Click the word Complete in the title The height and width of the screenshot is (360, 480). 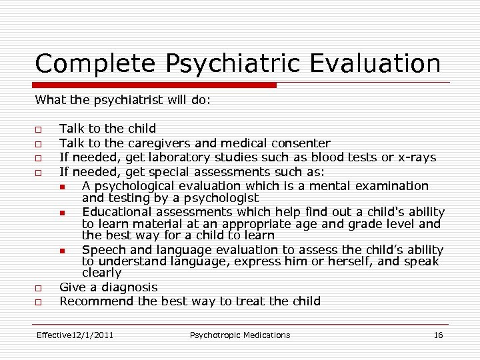click(94, 64)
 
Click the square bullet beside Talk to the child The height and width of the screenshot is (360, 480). click(40, 129)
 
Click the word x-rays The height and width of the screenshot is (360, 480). click(417, 157)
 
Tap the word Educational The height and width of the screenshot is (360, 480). click(117, 211)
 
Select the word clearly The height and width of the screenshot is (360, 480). click(101, 273)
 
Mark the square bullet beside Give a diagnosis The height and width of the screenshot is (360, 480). click(40, 288)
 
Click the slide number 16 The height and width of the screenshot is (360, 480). click(438, 335)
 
